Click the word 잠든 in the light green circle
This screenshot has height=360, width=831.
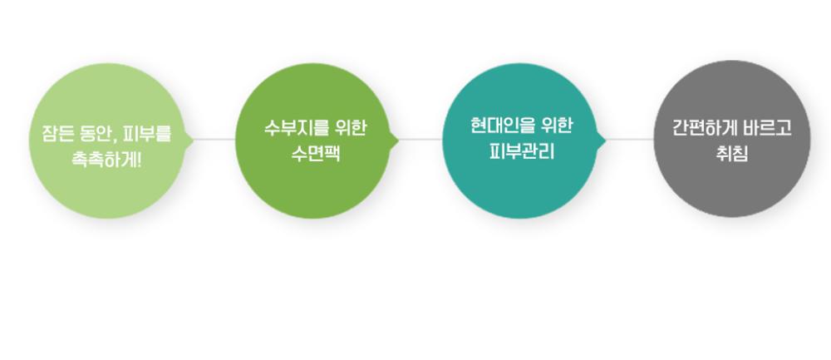(x=56, y=132)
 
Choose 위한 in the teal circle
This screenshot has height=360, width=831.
(x=556, y=126)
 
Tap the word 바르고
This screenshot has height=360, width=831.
(x=769, y=129)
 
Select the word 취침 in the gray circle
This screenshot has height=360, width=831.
(x=731, y=155)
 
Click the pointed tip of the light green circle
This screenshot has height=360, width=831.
(x=194, y=140)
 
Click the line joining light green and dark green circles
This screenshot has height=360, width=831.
(x=215, y=140)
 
